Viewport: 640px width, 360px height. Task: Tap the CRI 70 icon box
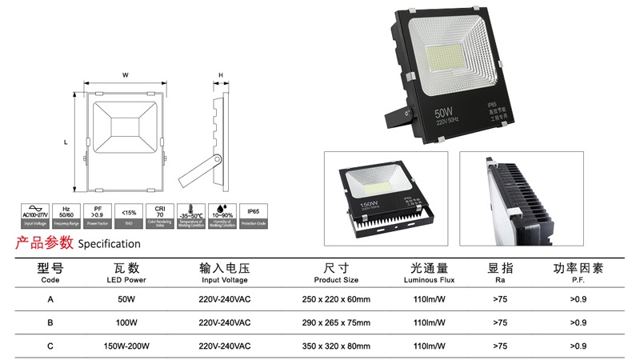(159, 215)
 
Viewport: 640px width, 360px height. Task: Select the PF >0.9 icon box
(98, 215)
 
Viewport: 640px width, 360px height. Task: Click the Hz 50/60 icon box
(67, 215)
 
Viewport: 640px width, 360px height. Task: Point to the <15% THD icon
(128, 215)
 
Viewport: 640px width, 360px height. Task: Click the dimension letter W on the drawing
(126, 75)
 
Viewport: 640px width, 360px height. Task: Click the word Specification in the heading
(108, 244)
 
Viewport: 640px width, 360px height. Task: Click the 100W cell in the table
(126, 322)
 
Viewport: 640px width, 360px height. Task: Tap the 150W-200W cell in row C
(126, 346)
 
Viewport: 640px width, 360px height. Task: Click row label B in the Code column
(50, 322)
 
